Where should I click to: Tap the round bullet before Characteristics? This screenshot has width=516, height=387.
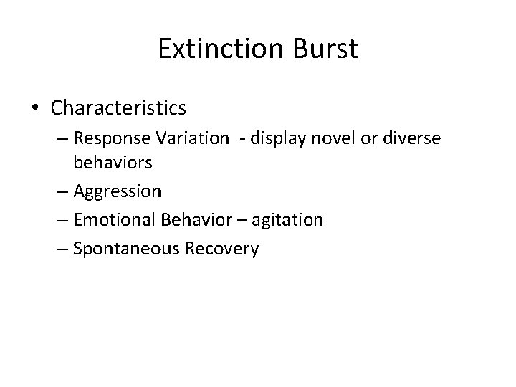36,109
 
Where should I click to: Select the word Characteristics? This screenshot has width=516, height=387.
119,108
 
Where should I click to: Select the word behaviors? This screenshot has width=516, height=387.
113,163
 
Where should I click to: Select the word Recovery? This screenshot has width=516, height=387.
225,248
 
